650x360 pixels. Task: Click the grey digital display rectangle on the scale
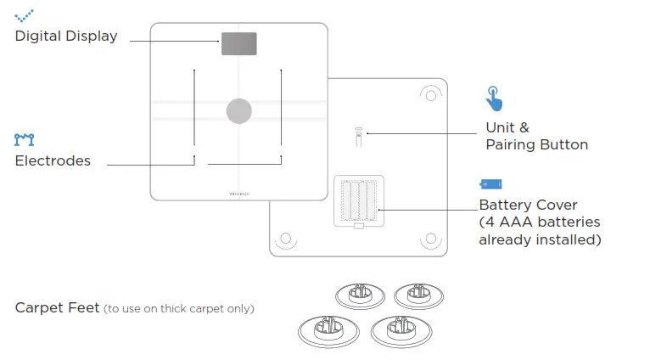(x=239, y=44)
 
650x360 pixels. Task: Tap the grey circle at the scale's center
(x=239, y=110)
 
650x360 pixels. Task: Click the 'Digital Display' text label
(x=66, y=37)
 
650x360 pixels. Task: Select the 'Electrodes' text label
(x=53, y=160)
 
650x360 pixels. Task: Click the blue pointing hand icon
(x=494, y=98)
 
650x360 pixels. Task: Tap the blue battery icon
(x=490, y=183)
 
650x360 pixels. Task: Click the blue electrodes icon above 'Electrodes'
(x=25, y=138)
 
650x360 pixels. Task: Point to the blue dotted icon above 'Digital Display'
(x=25, y=14)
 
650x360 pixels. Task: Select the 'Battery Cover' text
(x=528, y=205)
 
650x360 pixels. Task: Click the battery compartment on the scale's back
(x=359, y=201)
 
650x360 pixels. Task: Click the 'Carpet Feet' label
(x=57, y=307)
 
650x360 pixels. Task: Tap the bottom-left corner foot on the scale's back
(x=286, y=240)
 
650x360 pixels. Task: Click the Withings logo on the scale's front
(x=239, y=193)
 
